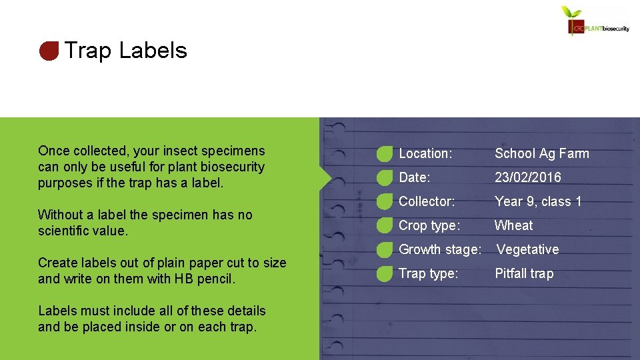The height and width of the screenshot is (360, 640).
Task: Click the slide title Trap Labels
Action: [x=125, y=51]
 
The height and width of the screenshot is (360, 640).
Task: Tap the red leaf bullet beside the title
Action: [x=49, y=51]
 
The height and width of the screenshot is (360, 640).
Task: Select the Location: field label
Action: [x=425, y=153]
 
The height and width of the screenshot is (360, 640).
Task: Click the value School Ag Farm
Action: [x=541, y=153]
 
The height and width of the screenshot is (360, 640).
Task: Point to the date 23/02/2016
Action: [x=527, y=177]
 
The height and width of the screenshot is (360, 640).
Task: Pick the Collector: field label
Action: [x=427, y=201]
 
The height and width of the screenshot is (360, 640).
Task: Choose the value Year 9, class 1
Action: [x=538, y=201]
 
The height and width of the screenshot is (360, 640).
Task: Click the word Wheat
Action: [x=513, y=225]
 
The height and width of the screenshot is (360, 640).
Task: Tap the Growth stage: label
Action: [x=440, y=249]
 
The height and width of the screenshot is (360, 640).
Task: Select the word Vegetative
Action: [x=527, y=249]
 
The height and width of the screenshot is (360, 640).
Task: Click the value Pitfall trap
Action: [x=523, y=273]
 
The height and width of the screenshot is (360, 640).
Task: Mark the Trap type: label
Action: [x=428, y=273]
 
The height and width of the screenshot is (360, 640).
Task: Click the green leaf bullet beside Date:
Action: [x=384, y=178]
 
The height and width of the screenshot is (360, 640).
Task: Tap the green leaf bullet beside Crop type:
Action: [x=384, y=226]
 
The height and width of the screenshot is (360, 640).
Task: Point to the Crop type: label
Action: [x=429, y=225]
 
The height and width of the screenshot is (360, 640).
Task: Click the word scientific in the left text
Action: [x=63, y=231]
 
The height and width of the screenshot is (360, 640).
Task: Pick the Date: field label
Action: [x=414, y=177]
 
